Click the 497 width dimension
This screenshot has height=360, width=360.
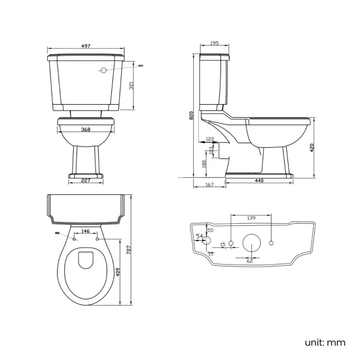pos(86,47)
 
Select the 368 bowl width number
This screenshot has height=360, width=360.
pos(86,130)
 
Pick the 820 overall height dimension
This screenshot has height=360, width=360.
pos(191,115)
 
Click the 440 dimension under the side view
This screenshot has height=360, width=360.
pos(259,181)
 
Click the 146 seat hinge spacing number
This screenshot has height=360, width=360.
pos(85,230)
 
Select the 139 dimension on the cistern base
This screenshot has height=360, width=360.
pos(250,218)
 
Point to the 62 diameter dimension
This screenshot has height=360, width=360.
pos(250,260)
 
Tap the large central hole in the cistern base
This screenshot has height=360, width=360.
pos(251,243)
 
